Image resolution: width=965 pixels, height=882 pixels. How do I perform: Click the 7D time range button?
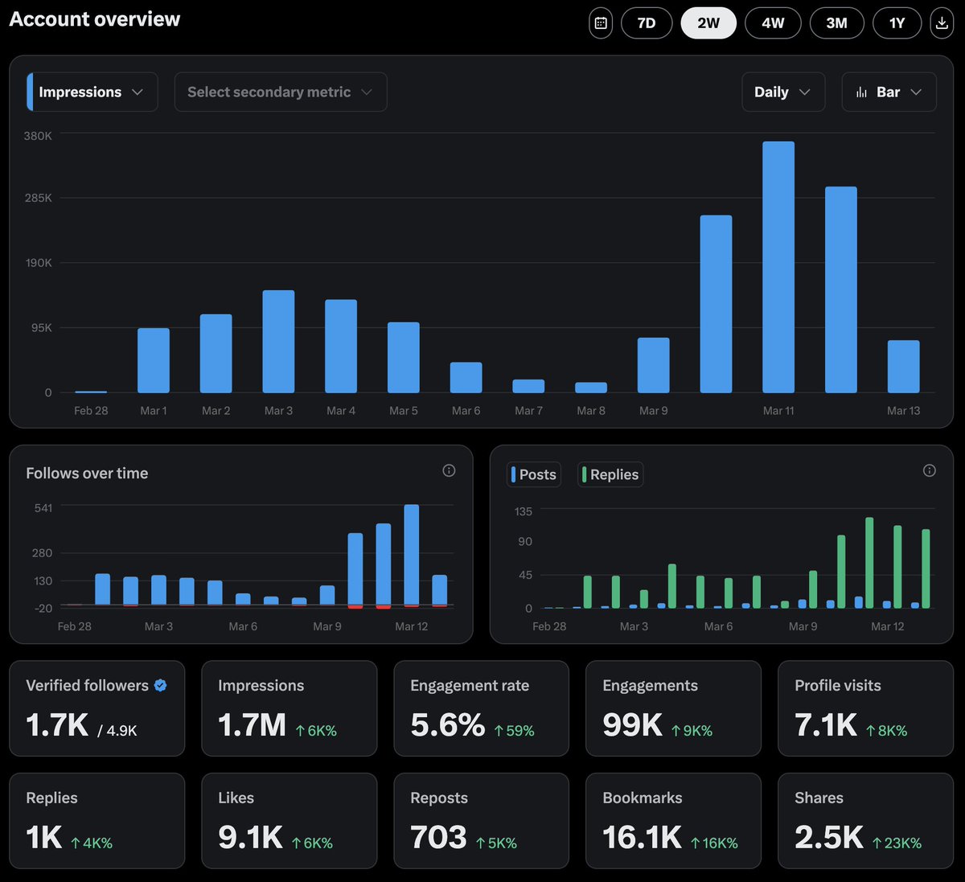pyautogui.click(x=647, y=23)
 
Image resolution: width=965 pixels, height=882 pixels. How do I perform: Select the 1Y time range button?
pyautogui.click(x=897, y=23)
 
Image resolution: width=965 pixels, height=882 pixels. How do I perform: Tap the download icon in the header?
pyautogui.click(x=941, y=23)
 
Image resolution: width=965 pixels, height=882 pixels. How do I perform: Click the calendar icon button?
pyautogui.click(x=601, y=23)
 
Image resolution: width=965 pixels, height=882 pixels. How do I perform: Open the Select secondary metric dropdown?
pyautogui.click(x=280, y=92)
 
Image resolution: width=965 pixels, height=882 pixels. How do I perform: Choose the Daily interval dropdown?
pyautogui.click(x=782, y=92)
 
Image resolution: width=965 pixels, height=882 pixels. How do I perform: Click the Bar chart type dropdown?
pyautogui.click(x=889, y=92)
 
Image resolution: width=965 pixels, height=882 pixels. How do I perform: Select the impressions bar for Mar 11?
pyautogui.click(x=778, y=267)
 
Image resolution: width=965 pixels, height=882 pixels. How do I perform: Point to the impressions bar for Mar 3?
pyautogui.click(x=278, y=342)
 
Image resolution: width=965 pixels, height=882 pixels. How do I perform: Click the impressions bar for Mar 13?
pyautogui.click(x=903, y=367)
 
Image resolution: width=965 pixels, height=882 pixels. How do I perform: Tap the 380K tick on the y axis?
pyautogui.click(x=38, y=136)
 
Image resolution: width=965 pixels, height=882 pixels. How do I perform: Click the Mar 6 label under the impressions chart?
pyautogui.click(x=466, y=411)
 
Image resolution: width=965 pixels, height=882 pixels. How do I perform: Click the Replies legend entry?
pyautogui.click(x=610, y=474)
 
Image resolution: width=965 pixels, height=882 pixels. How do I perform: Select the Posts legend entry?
pyautogui.click(x=534, y=474)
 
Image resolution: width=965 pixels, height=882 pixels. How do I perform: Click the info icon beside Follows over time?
pyautogui.click(x=449, y=470)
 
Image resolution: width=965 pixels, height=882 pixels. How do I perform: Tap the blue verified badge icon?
pyautogui.click(x=160, y=685)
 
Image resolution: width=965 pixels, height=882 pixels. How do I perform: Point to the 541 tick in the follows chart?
pyautogui.click(x=43, y=508)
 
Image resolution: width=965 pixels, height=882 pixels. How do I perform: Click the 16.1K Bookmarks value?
pyautogui.click(x=642, y=837)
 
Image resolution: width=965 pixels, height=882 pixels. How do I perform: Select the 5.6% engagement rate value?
pyautogui.click(x=448, y=724)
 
